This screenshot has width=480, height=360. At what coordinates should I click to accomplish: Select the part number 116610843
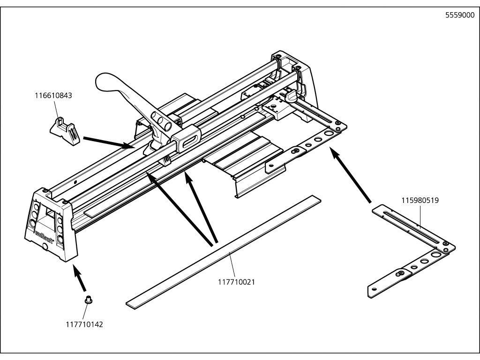coord(53,96)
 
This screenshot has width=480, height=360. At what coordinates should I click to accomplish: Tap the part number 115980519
coord(420,200)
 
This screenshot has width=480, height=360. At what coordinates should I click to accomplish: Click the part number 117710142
coord(85,324)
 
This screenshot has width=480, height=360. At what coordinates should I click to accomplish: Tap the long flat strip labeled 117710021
coord(225,253)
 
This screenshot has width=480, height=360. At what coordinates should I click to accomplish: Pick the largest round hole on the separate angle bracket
coord(435,255)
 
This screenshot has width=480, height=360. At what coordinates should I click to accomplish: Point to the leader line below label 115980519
coord(420,216)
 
